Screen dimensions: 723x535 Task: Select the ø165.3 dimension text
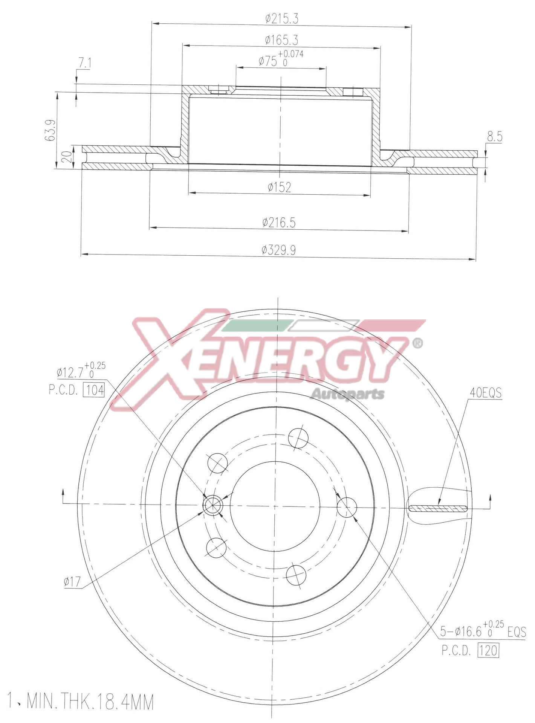pos(281,40)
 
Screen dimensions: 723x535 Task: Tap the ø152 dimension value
pos(280,187)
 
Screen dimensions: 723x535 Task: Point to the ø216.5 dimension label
pos(279,223)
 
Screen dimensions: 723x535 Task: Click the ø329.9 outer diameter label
pos(279,250)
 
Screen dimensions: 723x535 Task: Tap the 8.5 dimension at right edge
pos(494,137)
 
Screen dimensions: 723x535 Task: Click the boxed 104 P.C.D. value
pos(93,390)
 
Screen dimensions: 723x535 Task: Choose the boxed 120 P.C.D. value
pos(488,650)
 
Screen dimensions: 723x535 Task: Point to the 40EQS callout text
pos(485,393)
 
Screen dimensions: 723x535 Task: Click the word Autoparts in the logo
pos(347,394)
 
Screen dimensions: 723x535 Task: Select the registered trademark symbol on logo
pos(417,343)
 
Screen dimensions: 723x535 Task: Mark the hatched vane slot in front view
pos(438,508)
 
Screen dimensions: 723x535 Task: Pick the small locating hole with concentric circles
pos(212,505)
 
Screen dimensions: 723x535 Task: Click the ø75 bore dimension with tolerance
pos(281,59)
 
